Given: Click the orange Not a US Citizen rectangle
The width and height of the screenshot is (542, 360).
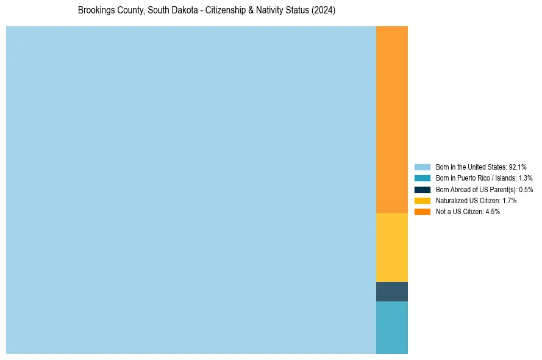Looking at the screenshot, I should [x=391, y=120].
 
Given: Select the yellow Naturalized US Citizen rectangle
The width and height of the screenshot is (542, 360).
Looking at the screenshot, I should [x=391, y=247].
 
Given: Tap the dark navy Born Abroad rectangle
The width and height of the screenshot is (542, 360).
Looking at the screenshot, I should [x=391, y=292].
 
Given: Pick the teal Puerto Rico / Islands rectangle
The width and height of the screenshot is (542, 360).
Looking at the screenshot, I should [x=391, y=328].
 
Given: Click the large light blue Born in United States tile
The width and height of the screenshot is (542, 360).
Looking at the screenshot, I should [x=191, y=190].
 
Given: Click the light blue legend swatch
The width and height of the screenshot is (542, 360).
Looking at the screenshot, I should [x=422, y=167].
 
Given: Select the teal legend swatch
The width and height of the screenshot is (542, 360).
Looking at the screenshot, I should [x=422, y=178].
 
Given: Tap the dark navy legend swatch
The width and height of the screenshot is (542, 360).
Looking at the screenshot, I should [x=422, y=189].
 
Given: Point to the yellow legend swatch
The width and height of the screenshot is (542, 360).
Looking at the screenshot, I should [x=422, y=200].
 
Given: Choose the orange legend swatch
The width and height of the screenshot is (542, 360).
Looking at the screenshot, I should [x=422, y=212].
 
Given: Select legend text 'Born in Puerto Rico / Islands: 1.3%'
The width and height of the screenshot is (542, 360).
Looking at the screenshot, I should [x=484, y=178].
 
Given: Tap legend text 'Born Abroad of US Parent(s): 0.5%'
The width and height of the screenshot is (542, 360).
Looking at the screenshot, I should [x=484, y=189].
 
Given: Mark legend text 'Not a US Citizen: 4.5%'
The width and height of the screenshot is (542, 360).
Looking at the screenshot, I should [x=468, y=212].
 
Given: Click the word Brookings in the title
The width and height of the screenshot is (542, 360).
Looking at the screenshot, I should [x=96, y=10].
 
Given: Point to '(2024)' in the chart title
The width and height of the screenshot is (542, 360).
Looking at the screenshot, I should [x=323, y=10].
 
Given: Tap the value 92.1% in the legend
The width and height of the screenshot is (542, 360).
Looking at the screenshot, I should [x=518, y=167].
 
